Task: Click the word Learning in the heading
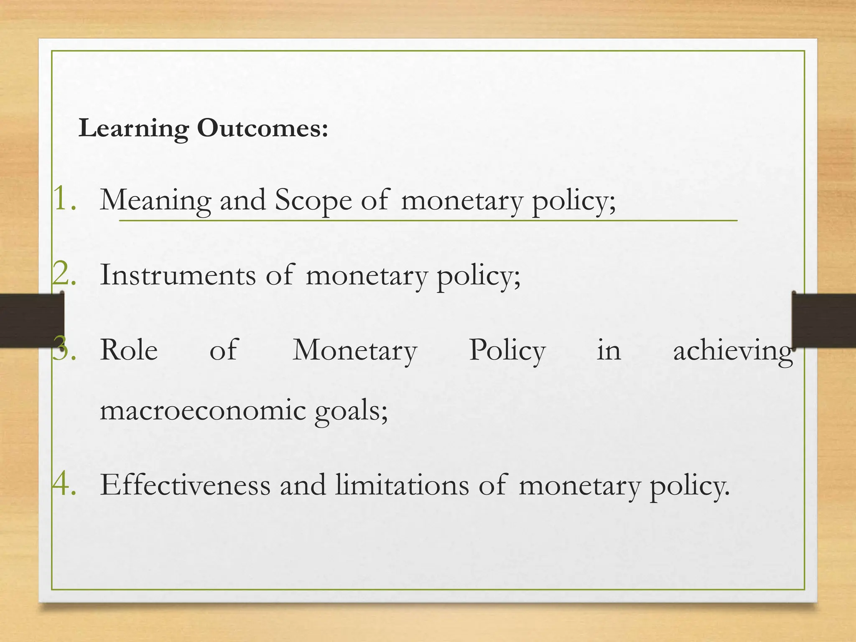point(133,128)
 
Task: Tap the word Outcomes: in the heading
point(262,127)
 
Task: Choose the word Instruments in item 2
point(178,275)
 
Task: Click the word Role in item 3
point(129,350)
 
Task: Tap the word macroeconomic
point(203,410)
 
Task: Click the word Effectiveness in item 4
point(185,485)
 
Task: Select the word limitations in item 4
point(402,485)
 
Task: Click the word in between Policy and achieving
point(609,350)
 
